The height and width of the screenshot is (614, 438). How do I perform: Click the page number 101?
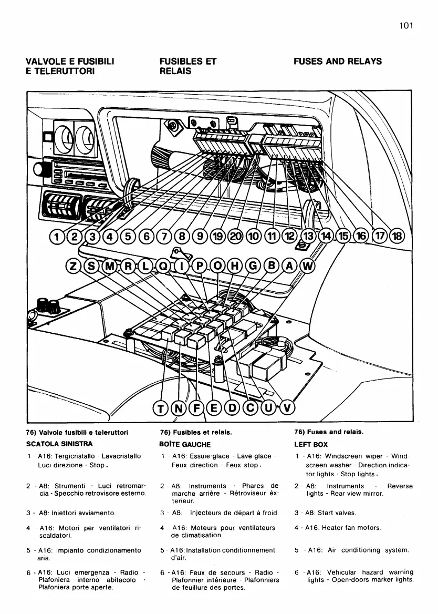(x=406, y=26)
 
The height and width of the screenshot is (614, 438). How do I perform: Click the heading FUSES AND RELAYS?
(x=338, y=62)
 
